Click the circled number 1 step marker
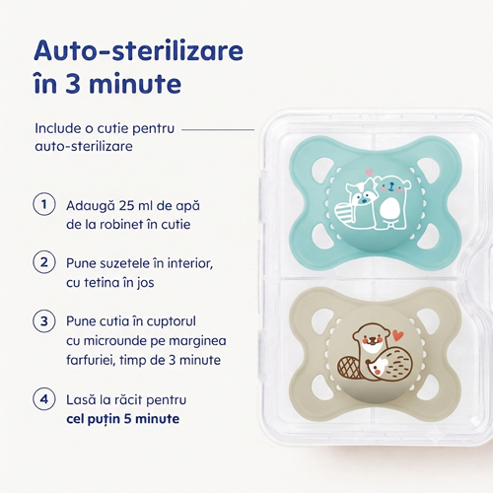tap(44, 204)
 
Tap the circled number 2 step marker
tap(44, 262)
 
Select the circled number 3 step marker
tap(44, 320)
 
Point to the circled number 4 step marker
tap(44, 399)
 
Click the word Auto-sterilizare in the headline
tap(139, 50)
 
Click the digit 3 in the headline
tap(73, 84)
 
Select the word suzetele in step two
tap(126, 263)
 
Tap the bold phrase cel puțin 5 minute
tap(123, 419)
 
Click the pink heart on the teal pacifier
tap(370, 172)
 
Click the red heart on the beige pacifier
tap(398, 335)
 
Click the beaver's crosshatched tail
tap(350, 367)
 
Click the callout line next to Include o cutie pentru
tap(218, 129)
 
